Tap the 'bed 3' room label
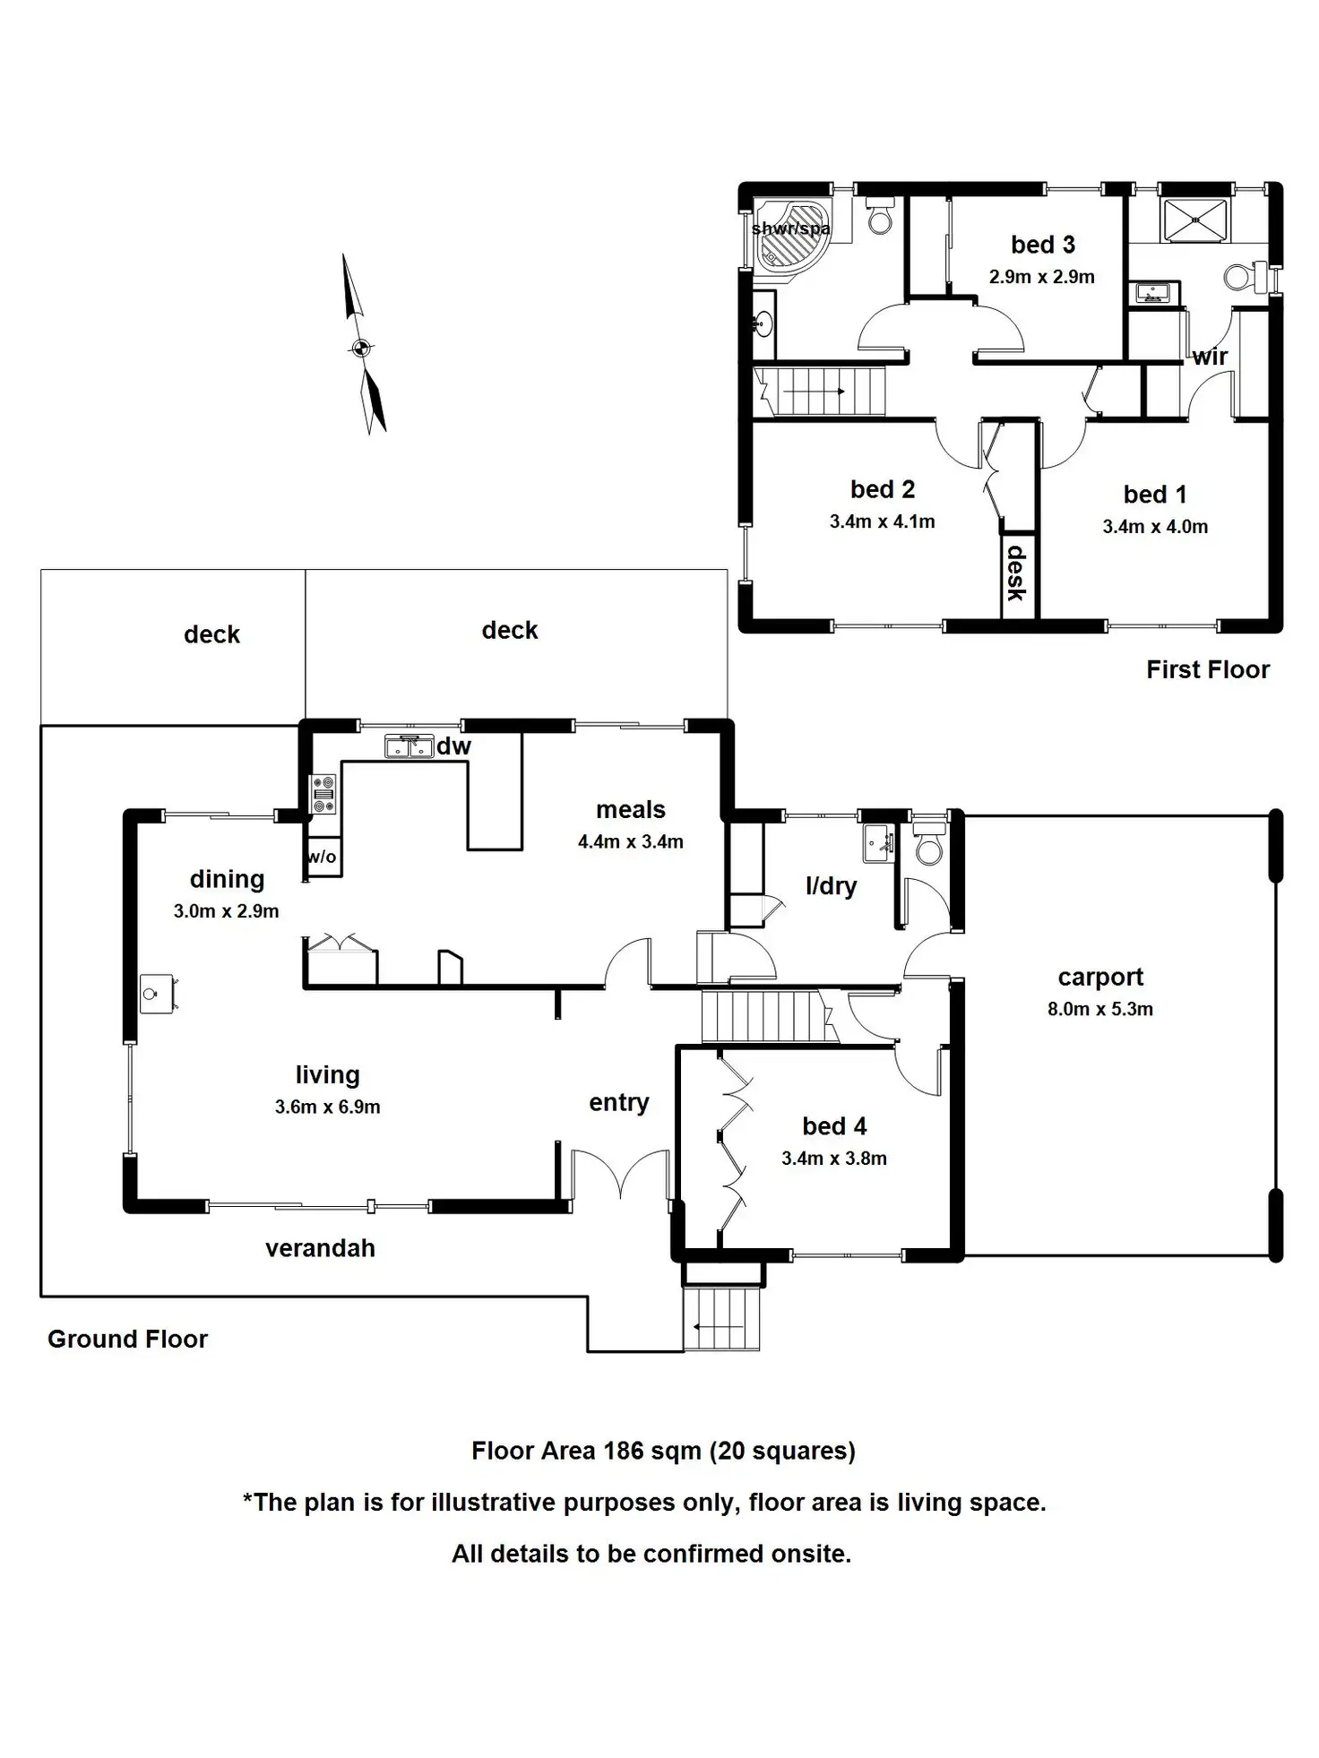[x=1042, y=245]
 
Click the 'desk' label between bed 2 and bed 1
[x=1017, y=573]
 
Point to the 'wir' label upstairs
[x=1209, y=357]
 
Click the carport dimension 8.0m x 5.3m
[x=1099, y=1009]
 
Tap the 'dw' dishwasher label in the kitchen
[x=453, y=746]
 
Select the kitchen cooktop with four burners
[x=323, y=795]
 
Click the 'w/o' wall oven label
[x=321, y=857]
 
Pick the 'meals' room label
[x=631, y=810]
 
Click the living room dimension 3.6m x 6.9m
[x=327, y=1107]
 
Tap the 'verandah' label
[x=320, y=1248]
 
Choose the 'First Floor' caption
[x=1207, y=669]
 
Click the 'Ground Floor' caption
[x=127, y=1339]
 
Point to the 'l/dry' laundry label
[x=831, y=886]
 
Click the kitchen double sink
[x=409, y=745]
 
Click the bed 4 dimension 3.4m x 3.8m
[x=833, y=1159]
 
